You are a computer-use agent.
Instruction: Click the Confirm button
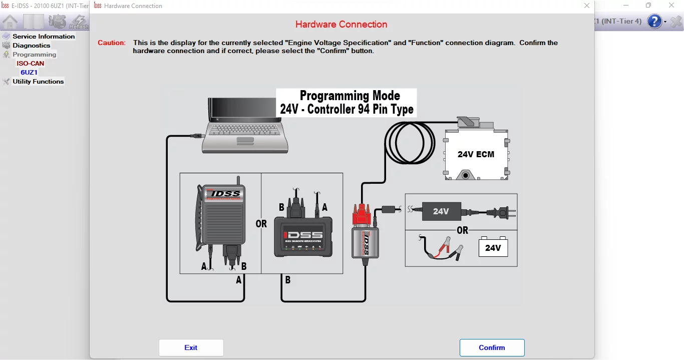click(492, 347)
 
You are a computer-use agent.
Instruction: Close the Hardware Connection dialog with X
click(587, 6)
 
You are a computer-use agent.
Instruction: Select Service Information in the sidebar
click(44, 37)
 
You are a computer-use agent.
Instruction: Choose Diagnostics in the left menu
click(31, 46)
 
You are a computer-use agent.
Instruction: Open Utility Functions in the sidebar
click(38, 82)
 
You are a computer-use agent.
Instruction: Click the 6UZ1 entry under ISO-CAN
click(29, 73)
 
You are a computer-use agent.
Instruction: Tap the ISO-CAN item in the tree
click(31, 64)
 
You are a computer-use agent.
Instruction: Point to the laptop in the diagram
click(244, 125)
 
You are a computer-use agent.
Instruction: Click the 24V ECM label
click(476, 154)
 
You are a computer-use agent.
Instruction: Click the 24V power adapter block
click(441, 211)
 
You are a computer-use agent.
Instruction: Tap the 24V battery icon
click(493, 247)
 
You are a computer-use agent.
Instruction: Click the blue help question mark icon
click(654, 22)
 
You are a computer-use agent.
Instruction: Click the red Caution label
click(112, 43)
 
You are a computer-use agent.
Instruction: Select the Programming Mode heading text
click(350, 96)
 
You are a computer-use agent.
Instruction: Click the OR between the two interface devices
click(261, 224)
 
